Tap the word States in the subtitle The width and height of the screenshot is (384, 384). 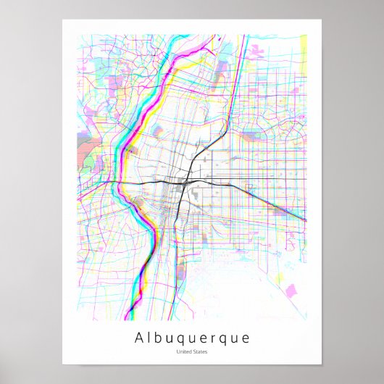tap(199, 352)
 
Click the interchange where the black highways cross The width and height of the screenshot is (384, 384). tap(188, 179)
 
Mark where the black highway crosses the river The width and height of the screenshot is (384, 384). tap(121, 181)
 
